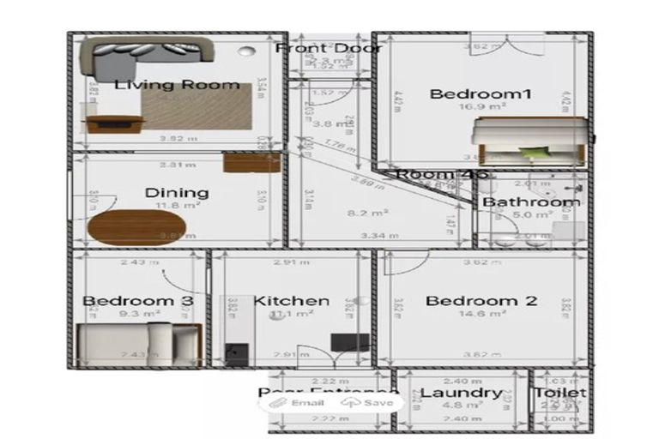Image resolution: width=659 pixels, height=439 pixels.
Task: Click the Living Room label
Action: tap(177, 84)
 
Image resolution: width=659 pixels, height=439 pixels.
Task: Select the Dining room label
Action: tap(177, 192)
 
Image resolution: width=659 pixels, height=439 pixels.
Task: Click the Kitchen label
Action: tap(292, 301)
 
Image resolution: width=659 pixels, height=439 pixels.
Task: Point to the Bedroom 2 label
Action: tap(481, 301)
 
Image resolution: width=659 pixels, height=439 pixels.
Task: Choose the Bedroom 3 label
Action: tap(137, 301)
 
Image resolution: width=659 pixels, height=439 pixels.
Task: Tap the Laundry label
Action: tap(462, 394)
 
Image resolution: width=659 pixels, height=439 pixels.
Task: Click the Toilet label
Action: tap(560, 393)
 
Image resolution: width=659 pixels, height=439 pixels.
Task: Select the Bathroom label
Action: tap(530, 202)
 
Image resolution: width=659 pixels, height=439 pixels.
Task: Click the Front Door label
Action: tap(329, 48)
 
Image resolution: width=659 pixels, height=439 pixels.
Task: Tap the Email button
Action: tap(299, 402)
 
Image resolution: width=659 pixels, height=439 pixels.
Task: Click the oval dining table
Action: tap(136, 227)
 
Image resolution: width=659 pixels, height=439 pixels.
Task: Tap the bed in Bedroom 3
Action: tap(137, 344)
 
